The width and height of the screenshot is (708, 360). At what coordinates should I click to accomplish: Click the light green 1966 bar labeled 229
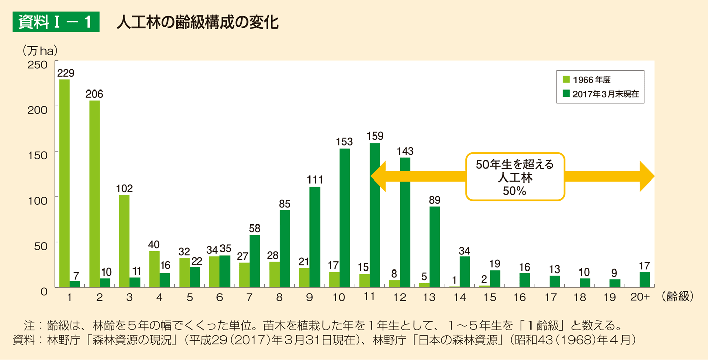click(x=64, y=183)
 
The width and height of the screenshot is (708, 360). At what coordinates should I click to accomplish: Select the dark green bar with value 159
click(x=375, y=215)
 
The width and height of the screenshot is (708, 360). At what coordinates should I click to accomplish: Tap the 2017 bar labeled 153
click(x=345, y=217)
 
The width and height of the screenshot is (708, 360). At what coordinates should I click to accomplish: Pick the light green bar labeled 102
click(x=124, y=241)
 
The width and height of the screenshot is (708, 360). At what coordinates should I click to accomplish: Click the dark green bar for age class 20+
click(x=645, y=280)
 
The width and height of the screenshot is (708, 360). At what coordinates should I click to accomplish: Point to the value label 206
click(x=94, y=94)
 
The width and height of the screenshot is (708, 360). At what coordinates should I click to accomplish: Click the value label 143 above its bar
click(x=405, y=151)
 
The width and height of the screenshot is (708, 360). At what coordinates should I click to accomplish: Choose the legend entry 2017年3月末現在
click(x=602, y=94)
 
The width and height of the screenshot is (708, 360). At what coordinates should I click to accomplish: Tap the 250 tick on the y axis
click(x=40, y=64)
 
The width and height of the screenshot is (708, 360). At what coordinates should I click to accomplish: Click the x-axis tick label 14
click(x=460, y=298)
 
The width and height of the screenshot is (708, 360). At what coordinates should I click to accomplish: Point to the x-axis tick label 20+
click(x=640, y=298)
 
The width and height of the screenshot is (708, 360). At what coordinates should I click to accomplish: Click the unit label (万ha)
click(x=39, y=50)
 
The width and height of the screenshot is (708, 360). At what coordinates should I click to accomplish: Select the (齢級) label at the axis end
click(x=677, y=298)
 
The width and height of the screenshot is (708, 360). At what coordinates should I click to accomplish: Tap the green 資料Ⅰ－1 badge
click(x=56, y=23)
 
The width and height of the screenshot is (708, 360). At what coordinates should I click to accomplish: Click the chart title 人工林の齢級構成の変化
click(x=197, y=23)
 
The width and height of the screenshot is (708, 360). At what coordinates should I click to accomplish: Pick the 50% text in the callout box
click(x=515, y=191)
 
